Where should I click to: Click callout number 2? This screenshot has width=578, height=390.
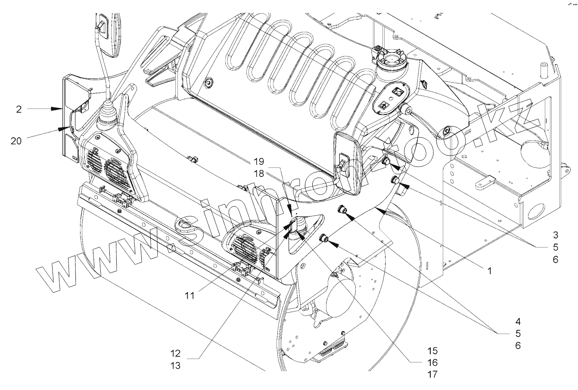coord(19,109)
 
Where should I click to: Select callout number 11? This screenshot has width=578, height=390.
coord(190,296)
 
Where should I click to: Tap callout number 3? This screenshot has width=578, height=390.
coord(556,235)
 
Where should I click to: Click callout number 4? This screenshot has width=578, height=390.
coord(518,321)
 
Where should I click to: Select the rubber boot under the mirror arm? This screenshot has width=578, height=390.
coord(107,115)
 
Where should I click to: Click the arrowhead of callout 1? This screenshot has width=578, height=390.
coord(378,208)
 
